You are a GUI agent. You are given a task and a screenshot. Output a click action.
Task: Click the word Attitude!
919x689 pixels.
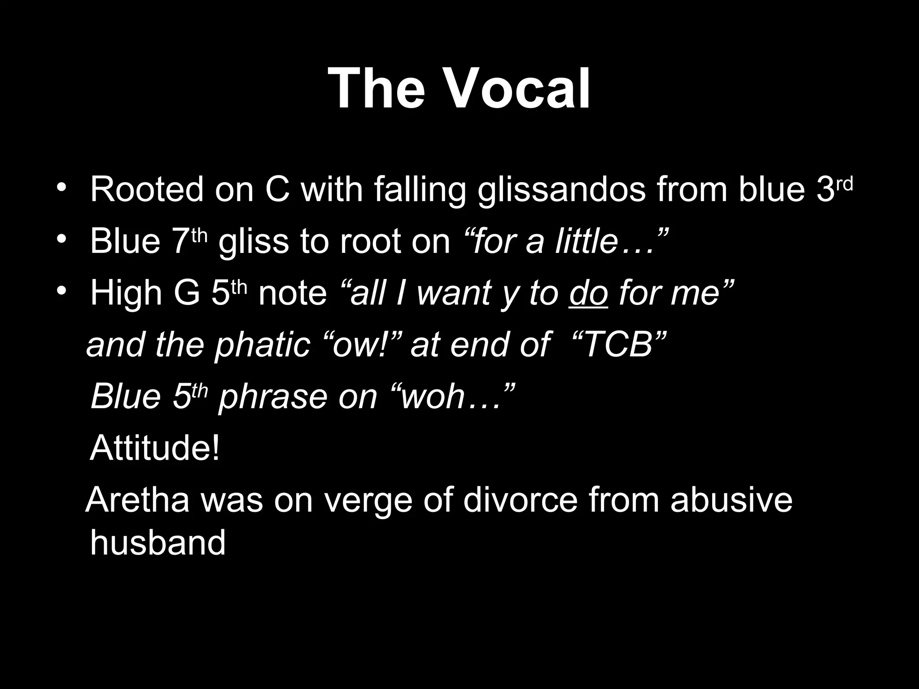[155, 448]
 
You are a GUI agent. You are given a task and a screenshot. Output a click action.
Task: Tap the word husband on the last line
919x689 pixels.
[158, 542]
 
